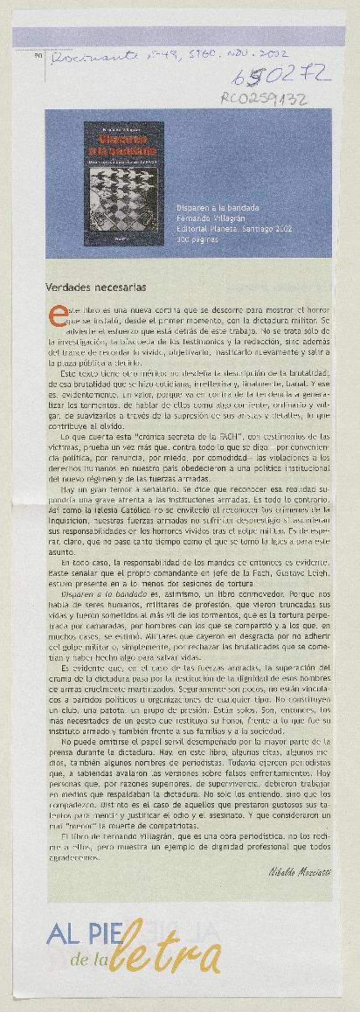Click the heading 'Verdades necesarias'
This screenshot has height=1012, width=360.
96,287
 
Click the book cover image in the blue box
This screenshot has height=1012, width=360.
124,184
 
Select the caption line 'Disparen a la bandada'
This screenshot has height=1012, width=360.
218,208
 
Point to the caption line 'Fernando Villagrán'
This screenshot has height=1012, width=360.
211,218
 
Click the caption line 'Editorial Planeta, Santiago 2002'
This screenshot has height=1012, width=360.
234,229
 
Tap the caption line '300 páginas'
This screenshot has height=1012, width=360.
197,239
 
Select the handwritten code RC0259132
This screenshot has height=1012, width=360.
264,98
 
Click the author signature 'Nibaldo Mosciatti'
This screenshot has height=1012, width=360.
300,872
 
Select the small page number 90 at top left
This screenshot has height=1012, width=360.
37,55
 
